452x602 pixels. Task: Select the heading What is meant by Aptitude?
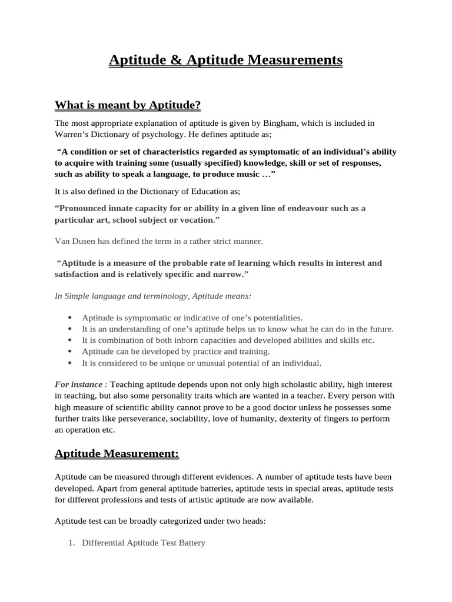(128, 105)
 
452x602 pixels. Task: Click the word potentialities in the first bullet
(273, 317)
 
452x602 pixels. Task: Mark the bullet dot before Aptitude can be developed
(71, 352)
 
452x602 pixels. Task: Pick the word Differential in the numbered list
(103, 543)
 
